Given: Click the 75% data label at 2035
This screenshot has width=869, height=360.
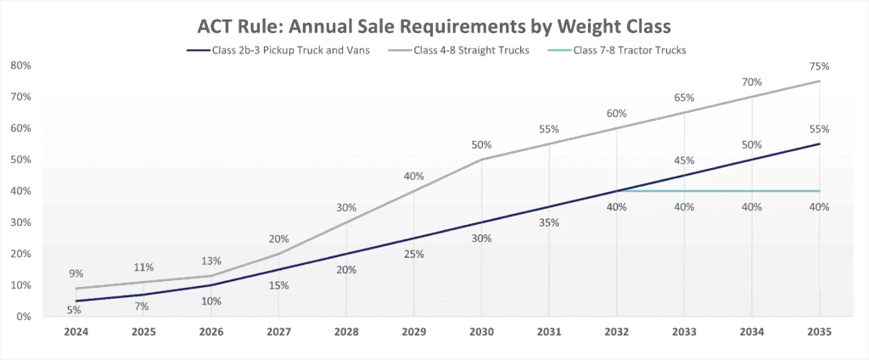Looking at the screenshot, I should point(819,66).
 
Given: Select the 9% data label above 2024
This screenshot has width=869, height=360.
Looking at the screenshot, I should point(76,273).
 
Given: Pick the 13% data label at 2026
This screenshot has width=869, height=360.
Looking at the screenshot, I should point(210,261).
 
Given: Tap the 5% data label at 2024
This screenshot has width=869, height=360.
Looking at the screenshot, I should point(76,311).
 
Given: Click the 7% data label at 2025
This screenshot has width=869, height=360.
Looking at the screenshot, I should point(143,305).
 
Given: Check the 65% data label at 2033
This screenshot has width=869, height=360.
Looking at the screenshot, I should point(684,98).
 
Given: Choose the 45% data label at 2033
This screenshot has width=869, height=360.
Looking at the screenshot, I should point(684,160).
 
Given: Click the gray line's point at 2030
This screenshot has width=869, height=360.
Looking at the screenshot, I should point(481,160).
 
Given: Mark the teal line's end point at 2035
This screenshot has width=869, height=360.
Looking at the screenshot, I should point(819,191).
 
